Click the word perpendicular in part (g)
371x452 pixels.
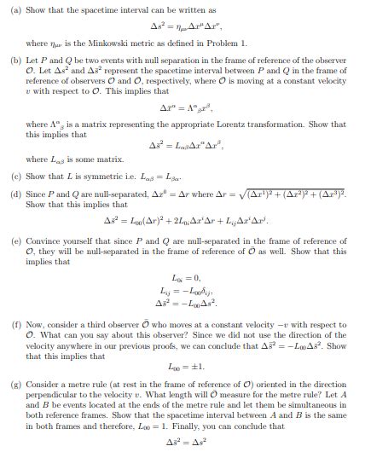[59, 396]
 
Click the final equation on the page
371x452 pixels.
[186, 443]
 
